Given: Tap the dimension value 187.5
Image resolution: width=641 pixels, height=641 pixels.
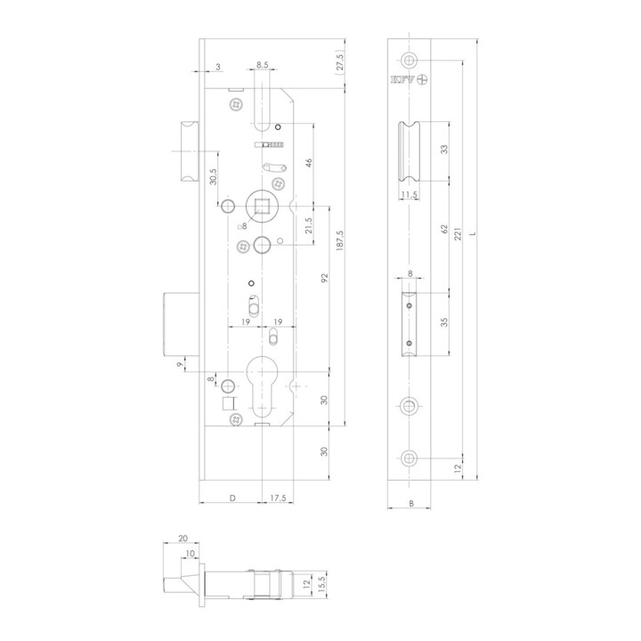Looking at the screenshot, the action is click(x=340, y=240).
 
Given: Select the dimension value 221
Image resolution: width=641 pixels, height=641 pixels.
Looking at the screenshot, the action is click(x=458, y=233).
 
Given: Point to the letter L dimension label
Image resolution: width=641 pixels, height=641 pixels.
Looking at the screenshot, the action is click(x=473, y=234).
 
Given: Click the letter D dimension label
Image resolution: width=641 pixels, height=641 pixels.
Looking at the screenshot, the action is click(x=232, y=498).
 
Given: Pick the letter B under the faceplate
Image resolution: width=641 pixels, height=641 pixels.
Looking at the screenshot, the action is click(x=411, y=504).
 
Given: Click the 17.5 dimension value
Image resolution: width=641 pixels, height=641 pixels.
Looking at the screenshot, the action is click(x=278, y=498).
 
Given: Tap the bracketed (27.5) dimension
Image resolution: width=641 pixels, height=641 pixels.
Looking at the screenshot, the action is click(x=340, y=61).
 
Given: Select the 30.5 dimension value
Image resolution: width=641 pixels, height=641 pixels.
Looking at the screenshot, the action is click(x=213, y=176).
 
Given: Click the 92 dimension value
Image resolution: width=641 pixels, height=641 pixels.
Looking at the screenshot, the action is click(x=325, y=279).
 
